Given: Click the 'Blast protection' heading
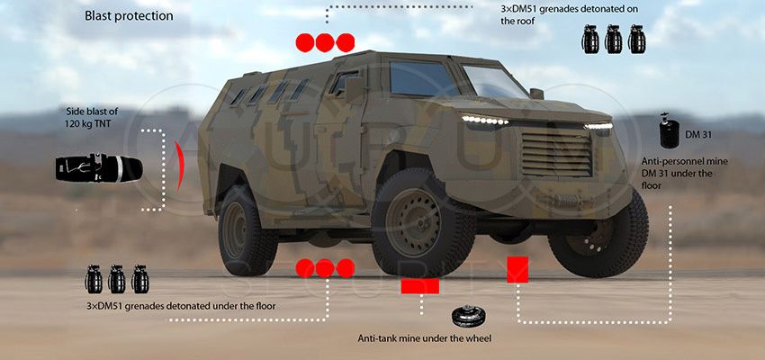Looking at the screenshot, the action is coord(129,15).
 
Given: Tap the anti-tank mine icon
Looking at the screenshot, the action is coord(469,317).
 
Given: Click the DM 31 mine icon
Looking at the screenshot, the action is coord(669,130).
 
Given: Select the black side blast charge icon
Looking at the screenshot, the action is coord(99,168).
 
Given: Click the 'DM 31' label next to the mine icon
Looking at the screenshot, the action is coord(698,135).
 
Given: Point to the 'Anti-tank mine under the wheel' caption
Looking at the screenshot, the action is coord(425,338).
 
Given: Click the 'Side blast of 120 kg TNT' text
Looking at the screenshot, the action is coord(92,118).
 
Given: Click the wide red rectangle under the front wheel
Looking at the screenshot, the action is coord(420,286).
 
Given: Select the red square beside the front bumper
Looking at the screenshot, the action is coord(517,270).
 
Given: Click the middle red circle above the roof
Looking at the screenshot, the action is coord(325,43).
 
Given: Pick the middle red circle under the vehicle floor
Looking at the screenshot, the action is coord(325,268).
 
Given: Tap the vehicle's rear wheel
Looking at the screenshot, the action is coord(247,230).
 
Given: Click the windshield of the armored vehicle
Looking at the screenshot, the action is coord(494,82).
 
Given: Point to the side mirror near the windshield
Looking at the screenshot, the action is coord(536,94).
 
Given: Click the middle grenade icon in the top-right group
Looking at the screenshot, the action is coord(613,40).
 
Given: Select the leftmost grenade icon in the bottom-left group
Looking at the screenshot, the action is coord(94,279).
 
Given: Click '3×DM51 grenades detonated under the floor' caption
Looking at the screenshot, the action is coord(181,306).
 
